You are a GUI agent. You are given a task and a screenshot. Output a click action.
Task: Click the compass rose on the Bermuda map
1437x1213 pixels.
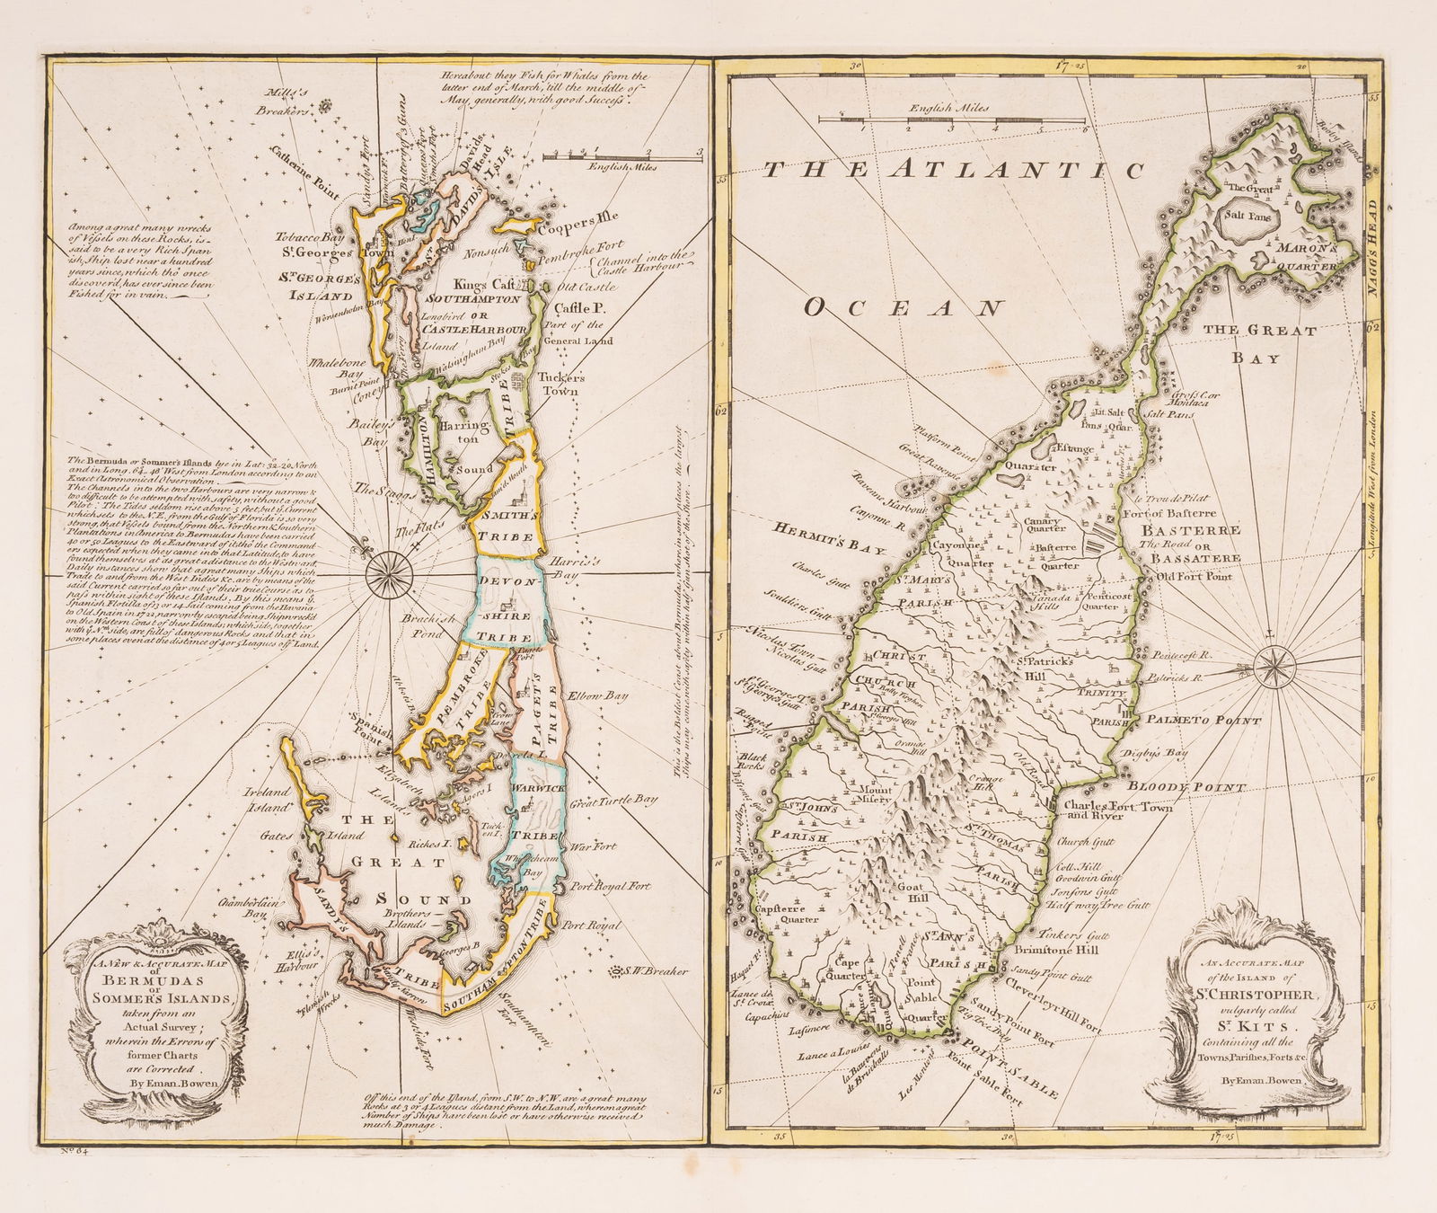pyautogui.click(x=390, y=566)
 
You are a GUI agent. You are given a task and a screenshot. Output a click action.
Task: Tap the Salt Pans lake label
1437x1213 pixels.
pyautogui.click(x=1239, y=217)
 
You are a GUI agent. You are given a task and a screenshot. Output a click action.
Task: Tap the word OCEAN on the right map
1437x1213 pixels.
pyautogui.click(x=901, y=308)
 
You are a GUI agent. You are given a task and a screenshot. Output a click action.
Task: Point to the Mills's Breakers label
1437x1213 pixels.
pyautogui.click(x=289, y=102)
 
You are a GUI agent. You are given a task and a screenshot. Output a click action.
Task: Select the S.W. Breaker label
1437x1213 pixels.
pyautogui.click(x=656, y=971)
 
